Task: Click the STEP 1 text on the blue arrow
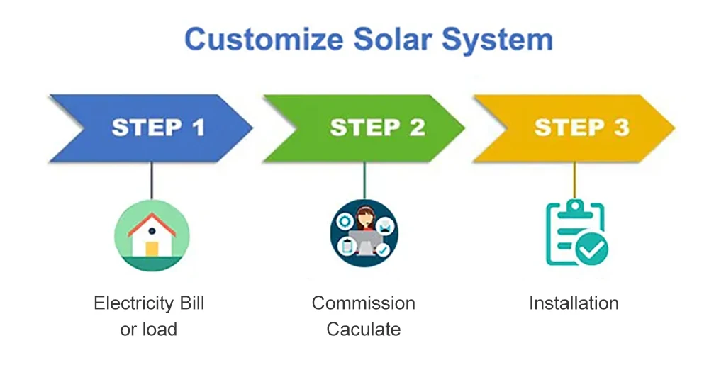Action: tap(157, 128)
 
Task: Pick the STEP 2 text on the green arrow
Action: tap(377, 128)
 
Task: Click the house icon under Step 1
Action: tap(152, 235)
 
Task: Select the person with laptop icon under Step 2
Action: tap(364, 232)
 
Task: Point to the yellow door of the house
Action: tap(152, 249)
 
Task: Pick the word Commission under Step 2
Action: tap(363, 303)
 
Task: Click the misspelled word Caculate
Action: tap(363, 329)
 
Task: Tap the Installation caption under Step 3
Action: tap(574, 303)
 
